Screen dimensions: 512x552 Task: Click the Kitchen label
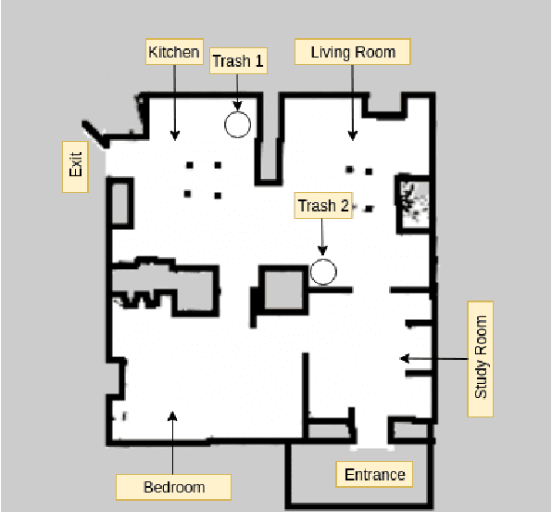(x=174, y=52)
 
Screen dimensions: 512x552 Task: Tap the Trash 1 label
(x=238, y=61)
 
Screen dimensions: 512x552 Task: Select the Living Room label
(x=352, y=52)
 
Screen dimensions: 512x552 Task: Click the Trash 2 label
(x=322, y=206)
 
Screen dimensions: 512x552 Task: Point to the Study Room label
(x=481, y=357)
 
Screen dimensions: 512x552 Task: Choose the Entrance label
(x=374, y=475)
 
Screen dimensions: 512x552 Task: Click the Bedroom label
(x=173, y=487)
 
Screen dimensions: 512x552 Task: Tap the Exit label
(x=75, y=165)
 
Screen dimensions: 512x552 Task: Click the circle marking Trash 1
(x=238, y=124)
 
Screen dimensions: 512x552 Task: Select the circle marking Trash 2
(x=323, y=272)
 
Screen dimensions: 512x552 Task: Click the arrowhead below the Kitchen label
(x=175, y=136)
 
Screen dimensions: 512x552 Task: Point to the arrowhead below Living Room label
(x=352, y=136)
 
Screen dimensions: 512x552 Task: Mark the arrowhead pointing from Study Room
(x=404, y=357)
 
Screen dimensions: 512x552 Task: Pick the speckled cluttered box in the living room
(x=412, y=201)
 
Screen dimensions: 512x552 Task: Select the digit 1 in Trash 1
(x=259, y=61)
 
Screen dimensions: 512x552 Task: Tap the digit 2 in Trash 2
(x=344, y=206)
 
